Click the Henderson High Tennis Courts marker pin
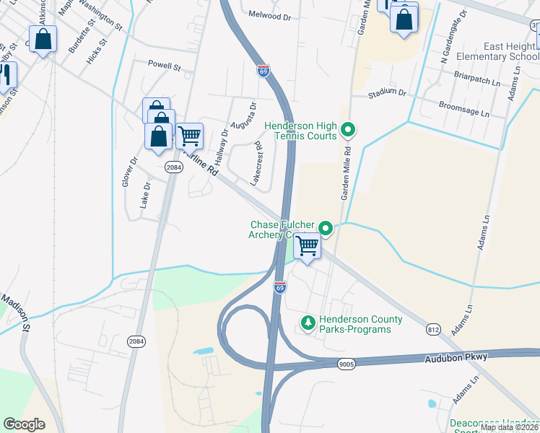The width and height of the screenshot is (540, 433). pyautogui.click(x=348, y=131)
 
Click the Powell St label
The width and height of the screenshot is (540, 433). pyautogui.click(x=164, y=66)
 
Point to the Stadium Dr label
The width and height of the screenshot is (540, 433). pyautogui.click(x=387, y=94)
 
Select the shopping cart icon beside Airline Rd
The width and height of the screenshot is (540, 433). pyautogui.click(x=189, y=134)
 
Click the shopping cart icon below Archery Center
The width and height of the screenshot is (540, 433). pyautogui.click(x=308, y=245)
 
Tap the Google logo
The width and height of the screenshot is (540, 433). pyautogui.click(x=25, y=424)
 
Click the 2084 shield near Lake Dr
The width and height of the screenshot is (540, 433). pyautogui.click(x=173, y=167)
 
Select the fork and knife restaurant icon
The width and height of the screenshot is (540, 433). pyautogui.click(x=6, y=75)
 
